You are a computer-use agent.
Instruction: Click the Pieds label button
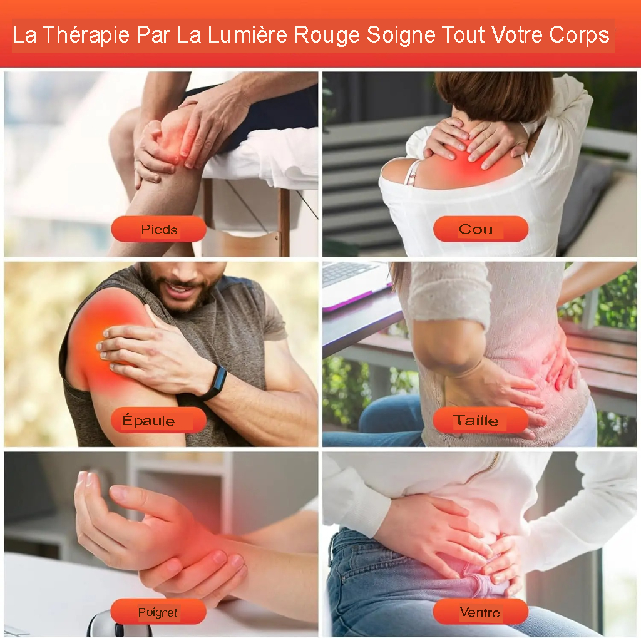(x=158, y=229)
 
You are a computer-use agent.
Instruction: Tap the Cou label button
(x=481, y=229)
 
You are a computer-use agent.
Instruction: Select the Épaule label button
(x=158, y=420)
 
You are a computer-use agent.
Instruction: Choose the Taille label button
(x=481, y=420)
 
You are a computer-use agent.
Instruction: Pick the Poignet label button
(x=158, y=612)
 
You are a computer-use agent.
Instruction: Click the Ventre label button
(x=481, y=612)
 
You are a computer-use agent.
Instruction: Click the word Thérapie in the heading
(x=86, y=35)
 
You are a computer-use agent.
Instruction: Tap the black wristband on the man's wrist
(x=215, y=382)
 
